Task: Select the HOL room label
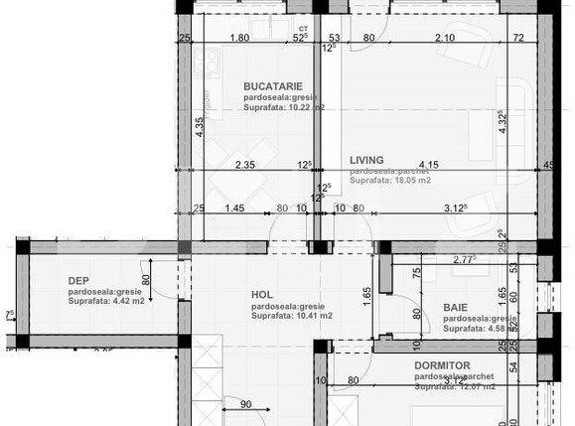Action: [261, 294]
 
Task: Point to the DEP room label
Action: [78, 280]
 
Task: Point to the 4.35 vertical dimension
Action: [200, 127]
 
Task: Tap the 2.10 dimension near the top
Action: [446, 39]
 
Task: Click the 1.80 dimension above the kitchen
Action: [238, 39]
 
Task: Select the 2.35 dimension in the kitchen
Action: [245, 165]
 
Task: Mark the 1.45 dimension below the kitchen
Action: [234, 208]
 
